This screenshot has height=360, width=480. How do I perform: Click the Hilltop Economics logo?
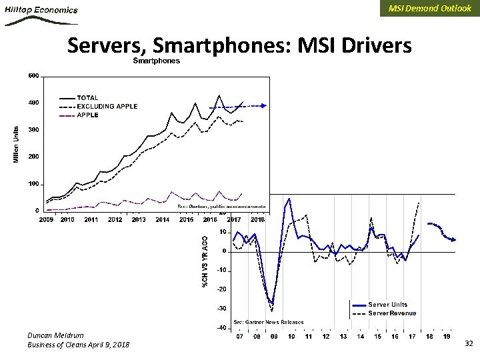tap(41, 15)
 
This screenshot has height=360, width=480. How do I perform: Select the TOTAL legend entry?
tap(88, 98)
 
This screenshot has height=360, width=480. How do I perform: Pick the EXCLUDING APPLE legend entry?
tap(107, 107)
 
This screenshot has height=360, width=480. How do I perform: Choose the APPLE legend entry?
tap(87, 115)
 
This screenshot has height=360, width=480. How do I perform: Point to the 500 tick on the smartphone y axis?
tap(33, 75)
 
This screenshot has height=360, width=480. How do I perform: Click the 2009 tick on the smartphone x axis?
tap(46, 219)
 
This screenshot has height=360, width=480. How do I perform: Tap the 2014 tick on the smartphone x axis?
tap(162, 219)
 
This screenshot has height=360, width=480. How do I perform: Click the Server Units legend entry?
tap(387, 305)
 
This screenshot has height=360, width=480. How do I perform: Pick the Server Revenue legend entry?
tap(392, 313)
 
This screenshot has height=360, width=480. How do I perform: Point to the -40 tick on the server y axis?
tap(219, 328)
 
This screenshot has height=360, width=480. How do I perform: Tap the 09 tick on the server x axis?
tap(274, 337)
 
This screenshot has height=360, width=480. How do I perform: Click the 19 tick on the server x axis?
tap(447, 337)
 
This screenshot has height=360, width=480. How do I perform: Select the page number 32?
tap(468, 343)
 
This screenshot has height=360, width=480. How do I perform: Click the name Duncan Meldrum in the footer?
tap(56, 335)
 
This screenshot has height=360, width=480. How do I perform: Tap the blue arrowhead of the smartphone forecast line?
tap(266, 105)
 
